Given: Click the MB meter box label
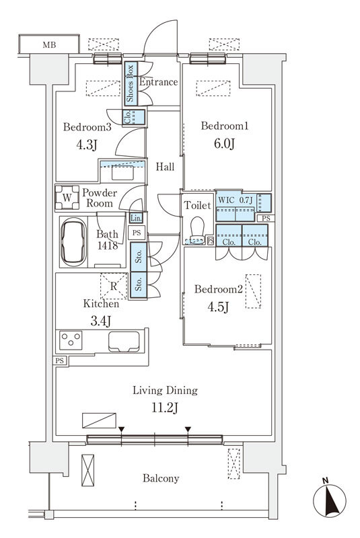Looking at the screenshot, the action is pyautogui.click(x=49, y=45).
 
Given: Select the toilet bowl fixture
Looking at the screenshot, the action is pyautogui.click(x=197, y=229).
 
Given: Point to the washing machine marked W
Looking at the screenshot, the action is pyautogui.click(x=67, y=198).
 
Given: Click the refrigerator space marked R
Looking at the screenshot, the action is pyautogui.click(x=114, y=286).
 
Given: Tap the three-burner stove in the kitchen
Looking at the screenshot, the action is pyautogui.click(x=71, y=340).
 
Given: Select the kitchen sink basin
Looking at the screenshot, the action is pyautogui.click(x=124, y=342).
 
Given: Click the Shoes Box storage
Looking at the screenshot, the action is pyautogui.click(x=131, y=83).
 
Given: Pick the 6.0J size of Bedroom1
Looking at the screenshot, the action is pyautogui.click(x=224, y=143).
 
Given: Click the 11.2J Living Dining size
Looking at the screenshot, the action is pyautogui.click(x=165, y=408).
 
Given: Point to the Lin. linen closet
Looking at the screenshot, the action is pyautogui.click(x=136, y=218).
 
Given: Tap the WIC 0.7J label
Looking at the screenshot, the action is pyautogui.click(x=236, y=200).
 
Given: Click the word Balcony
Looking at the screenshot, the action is pyautogui.click(x=161, y=478).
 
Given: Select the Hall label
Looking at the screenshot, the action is pyautogui.click(x=165, y=167).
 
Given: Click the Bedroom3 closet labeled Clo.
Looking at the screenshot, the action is pyautogui.click(x=134, y=117).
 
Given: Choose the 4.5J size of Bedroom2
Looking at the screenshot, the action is pyautogui.click(x=218, y=307).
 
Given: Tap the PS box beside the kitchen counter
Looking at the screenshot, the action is pyautogui.click(x=59, y=360).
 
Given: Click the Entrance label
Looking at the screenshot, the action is pyautogui.click(x=158, y=82).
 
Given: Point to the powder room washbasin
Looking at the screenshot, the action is pyautogui.click(x=122, y=173).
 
